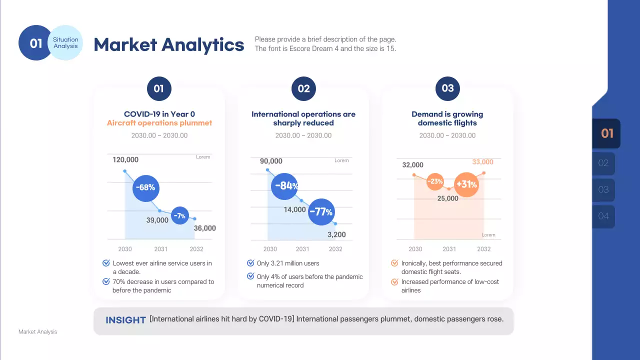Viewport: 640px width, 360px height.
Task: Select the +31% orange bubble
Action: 466,184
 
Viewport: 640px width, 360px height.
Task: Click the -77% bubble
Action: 320,212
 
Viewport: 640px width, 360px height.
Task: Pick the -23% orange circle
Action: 436,181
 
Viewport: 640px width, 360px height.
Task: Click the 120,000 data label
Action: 125,160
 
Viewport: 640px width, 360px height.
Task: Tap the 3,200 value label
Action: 336,235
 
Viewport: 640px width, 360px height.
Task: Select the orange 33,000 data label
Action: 482,162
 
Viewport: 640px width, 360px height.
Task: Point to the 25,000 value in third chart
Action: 447,198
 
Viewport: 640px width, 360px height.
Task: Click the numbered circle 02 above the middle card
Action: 303,89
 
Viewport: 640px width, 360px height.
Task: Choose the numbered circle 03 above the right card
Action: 447,88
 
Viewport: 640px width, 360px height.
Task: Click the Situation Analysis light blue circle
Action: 66,43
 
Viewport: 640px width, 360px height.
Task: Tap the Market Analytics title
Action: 169,44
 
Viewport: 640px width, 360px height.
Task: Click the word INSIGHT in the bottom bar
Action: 125,320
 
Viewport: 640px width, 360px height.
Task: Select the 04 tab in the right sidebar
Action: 603,216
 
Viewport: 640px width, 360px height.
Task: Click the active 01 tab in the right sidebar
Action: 606,133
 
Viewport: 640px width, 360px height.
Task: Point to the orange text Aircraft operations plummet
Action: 159,123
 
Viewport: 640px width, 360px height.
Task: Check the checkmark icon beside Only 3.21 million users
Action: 251,263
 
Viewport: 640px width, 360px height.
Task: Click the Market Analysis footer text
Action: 38,331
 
